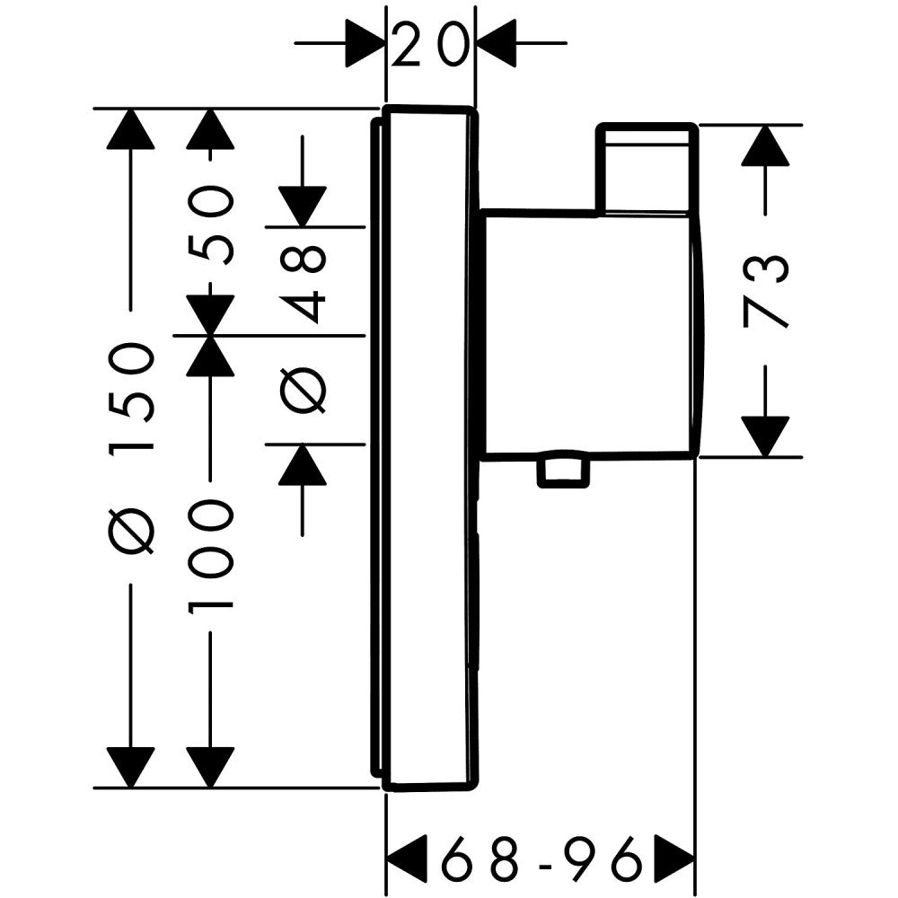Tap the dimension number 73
pyautogui.click(x=765, y=291)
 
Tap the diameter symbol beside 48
pyautogui.click(x=304, y=391)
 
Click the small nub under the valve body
pyautogui.click(x=562, y=471)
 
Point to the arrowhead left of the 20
pyautogui.click(x=365, y=43)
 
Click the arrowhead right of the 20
pyautogui.click(x=496, y=43)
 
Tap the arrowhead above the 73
pyautogui.click(x=765, y=145)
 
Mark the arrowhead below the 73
pyautogui.click(x=765, y=436)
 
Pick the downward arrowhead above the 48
pyautogui.click(x=302, y=206)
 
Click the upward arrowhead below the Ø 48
pyautogui.click(x=302, y=464)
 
